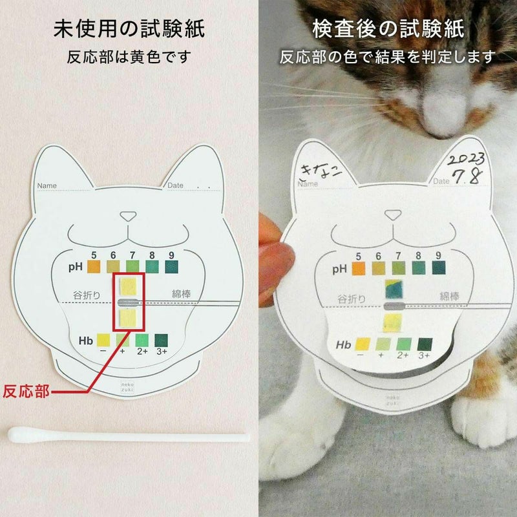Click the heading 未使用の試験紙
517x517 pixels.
coord(129,29)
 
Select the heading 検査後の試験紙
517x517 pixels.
coord(388,29)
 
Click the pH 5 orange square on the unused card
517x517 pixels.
coord(94,266)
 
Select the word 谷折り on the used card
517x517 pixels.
coord(352,298)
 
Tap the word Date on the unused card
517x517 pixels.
coord(175,185)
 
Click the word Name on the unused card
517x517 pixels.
coord(47,186)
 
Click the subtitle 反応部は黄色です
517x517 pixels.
coord(129,57)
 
